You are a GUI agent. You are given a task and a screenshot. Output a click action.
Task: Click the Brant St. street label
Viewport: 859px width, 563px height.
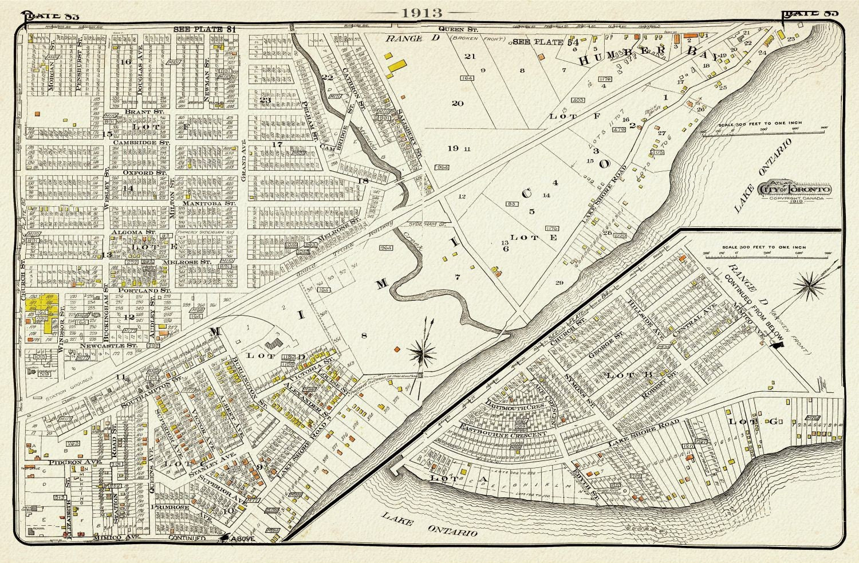click(141, 112)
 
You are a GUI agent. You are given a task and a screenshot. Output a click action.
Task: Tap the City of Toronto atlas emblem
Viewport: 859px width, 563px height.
click(795, 190)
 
